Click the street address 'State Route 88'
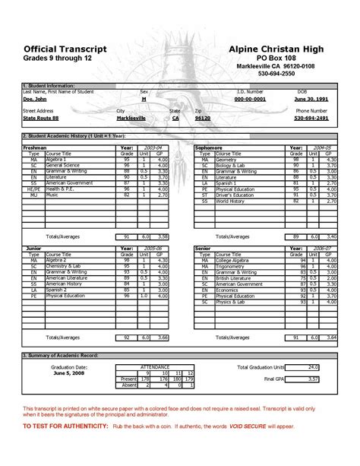(43, 119)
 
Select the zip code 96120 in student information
(202, 119)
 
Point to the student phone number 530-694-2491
(311, 119)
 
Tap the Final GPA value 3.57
(312, 378)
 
